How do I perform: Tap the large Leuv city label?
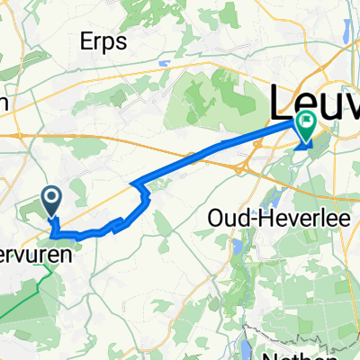(315, 101)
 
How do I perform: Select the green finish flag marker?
(306, 129)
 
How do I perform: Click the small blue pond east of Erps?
(164, 65)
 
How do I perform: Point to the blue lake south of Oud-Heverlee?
(236, 244)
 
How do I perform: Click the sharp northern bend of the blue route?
(137, 185)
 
